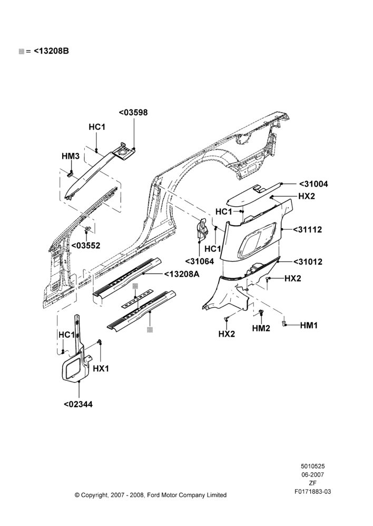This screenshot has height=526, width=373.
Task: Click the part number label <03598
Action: click(133, 113)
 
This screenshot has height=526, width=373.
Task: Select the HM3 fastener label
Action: click(71, 156)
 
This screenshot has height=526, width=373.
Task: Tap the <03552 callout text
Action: click(86, 246)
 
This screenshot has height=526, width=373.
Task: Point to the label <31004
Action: click(313, 184)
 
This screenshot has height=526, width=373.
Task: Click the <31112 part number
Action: click(308, 230)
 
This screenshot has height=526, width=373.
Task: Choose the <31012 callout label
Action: click(308, 261)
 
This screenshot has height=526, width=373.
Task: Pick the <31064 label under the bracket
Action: click(200, 261)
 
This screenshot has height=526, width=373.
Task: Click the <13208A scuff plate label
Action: click(182, 275)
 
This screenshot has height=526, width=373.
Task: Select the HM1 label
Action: click(309, 325)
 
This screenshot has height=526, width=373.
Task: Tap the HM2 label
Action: click(261, 328)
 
